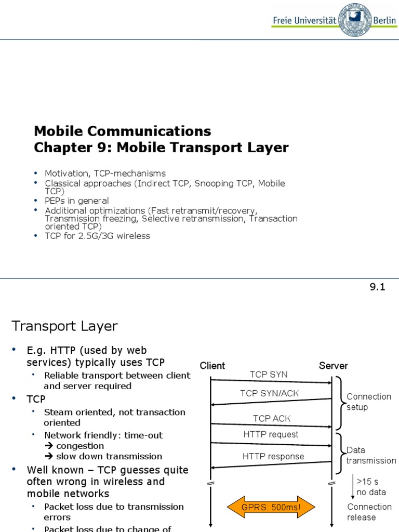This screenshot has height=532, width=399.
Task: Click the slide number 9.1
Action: (377, 287)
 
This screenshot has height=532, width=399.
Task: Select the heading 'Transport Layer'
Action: (64, 326)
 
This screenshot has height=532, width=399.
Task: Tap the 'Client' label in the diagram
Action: (212, 366)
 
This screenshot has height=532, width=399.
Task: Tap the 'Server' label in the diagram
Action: (333, 366)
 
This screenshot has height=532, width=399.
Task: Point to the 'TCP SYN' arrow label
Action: (269, 374)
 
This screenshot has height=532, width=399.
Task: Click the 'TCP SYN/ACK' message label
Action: (270, 393)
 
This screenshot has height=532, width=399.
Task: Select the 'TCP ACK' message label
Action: (272, 418)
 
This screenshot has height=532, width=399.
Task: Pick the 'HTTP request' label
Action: (271, 434)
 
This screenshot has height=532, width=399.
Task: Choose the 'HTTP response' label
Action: (273, 457)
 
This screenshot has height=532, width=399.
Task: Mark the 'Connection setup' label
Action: (368, 402)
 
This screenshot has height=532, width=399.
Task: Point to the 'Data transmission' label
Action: (370, 455)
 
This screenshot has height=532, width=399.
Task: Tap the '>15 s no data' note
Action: (371, 487)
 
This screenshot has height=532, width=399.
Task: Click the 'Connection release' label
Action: (369, 512)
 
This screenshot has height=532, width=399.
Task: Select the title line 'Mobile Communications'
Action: (123, 130)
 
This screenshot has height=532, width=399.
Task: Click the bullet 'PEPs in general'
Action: (77, 201)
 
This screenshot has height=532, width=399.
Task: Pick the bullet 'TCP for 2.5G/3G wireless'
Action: (97, 236)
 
